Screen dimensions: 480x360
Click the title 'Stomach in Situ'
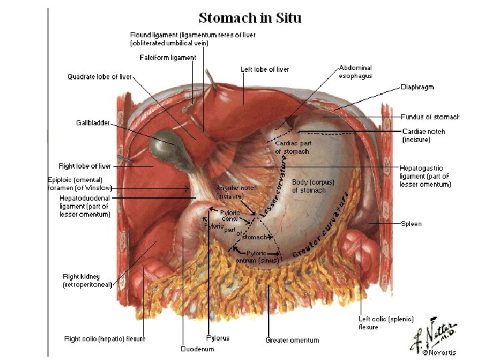point(250,18)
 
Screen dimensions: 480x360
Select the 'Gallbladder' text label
point(93,123)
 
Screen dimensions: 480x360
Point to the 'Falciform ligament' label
point(168,58)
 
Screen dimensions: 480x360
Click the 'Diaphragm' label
point(417,87)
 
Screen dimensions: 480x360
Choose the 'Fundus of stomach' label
point(430,117)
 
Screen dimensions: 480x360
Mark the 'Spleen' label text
point(411,224)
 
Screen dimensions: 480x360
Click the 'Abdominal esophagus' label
point(355,72)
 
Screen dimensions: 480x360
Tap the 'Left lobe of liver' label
point(265,69)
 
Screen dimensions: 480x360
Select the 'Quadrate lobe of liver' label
point(100,77)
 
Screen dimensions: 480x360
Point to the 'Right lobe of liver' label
point(85,166)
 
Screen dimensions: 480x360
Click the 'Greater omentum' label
point(292,340)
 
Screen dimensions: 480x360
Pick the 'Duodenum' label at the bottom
point(198,349)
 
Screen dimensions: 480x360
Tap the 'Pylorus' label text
point(218,339)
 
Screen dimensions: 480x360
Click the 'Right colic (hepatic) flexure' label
point(105,339)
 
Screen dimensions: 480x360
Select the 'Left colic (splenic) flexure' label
point(378,323)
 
